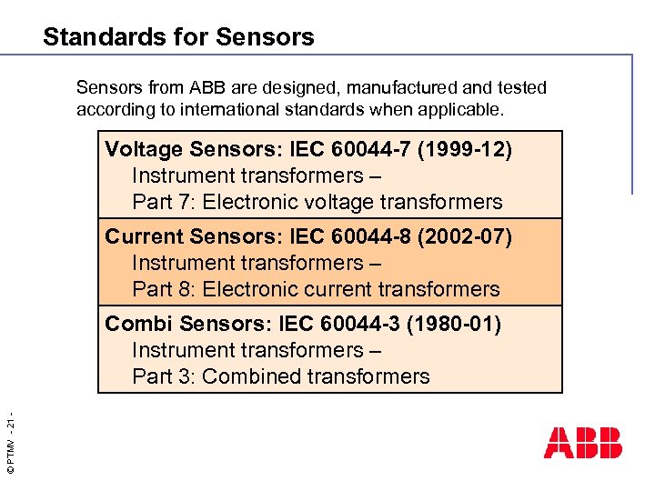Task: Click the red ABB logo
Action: click(x=583, y=442)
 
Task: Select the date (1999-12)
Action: click(x=465, y=149)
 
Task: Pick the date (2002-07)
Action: click(x=465, y=236)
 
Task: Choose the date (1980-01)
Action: click(x=454, y=324)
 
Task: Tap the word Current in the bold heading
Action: click(x=143, y=236)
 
